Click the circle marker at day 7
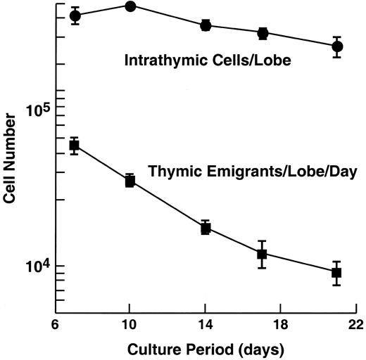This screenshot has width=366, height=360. click(x=75, y=15)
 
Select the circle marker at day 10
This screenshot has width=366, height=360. click(x=130, y=6)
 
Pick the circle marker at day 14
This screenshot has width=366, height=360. click(x=206, y=25)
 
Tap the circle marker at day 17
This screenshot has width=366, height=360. click(x=263, y=33)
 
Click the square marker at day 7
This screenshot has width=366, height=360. click(x=74, y=146)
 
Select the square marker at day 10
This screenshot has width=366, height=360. click(x=130, y=181)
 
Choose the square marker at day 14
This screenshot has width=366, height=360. click(x=206, y=228)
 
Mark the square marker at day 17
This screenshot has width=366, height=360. click(x=262, y=254)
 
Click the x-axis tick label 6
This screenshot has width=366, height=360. click(x=55, y=327)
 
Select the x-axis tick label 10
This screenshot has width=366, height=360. click(x=130, y=327)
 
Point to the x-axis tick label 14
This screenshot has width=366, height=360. click(x=205, y=327)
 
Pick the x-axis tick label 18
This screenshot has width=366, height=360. click(x=280, y=327)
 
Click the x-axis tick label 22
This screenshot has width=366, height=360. click(x=355, y=327)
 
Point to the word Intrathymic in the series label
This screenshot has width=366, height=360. click(x=158, y=61)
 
